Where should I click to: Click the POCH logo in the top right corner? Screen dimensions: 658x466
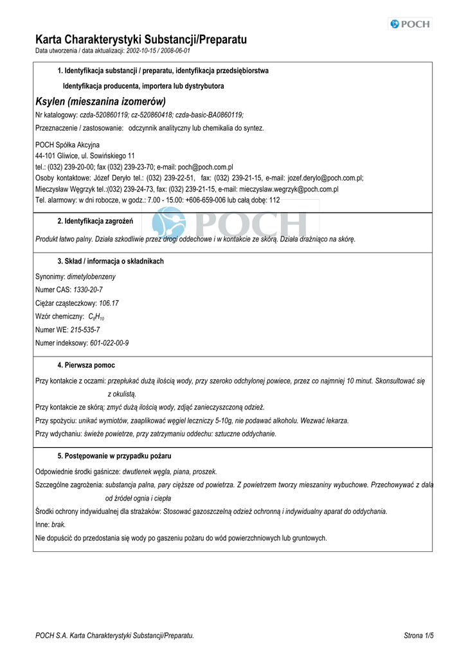(410, 24)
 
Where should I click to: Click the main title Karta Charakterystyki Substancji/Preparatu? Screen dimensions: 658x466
(141, 40)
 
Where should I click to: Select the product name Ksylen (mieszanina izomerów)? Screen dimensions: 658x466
(100, 101)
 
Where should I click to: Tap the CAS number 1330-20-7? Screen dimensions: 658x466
(87, 290)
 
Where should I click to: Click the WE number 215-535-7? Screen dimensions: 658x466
(85, 330)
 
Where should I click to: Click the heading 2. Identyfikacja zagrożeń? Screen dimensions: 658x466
(95, 222)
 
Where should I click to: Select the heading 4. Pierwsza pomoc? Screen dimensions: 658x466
(86, 365)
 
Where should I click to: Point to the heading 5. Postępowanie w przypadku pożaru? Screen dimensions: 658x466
(114, 456)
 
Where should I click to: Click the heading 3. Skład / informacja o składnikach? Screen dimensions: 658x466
(111, 262)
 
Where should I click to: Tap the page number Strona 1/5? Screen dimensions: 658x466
(418, 636)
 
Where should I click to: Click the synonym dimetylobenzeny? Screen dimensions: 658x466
(91, 276)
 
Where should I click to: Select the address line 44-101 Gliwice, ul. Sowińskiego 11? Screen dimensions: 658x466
(85, 156)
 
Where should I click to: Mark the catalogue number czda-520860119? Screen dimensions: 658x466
(104, 115)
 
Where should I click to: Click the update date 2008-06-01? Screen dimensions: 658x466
(175, 51)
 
